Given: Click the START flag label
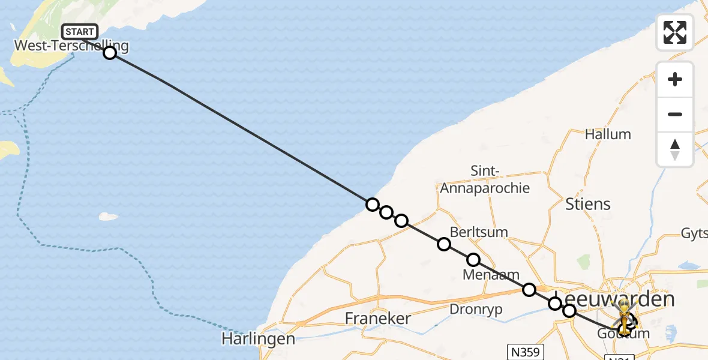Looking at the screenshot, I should click(79, 31).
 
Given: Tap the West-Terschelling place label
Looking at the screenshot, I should click(71, 46).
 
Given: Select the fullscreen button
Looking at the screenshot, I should click(675, 32).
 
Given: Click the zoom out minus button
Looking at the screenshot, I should click(675, 114).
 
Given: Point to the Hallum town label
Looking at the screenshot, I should click(608, 134).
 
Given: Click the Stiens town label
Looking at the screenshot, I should click(587, 204).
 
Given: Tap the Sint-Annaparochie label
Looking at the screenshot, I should click(485, 179).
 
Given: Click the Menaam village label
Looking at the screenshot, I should click(491, 275).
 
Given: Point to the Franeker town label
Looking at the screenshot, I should click(377, 318).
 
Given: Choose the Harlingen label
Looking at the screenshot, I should click(258, 338).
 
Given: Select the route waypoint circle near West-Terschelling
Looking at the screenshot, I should click(110, 53).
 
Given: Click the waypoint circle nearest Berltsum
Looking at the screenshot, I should click(444, 244).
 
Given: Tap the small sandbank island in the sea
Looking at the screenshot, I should click(109, 216).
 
